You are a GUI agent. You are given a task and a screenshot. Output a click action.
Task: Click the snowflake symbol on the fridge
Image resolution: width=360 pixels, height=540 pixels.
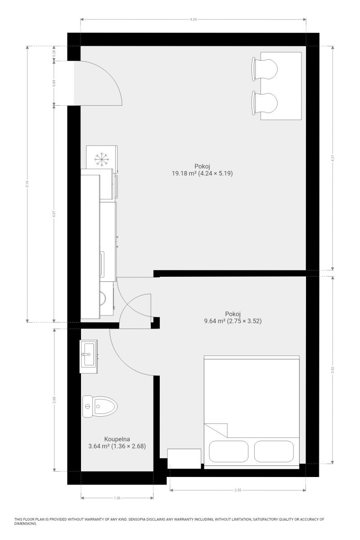tap(102, 159)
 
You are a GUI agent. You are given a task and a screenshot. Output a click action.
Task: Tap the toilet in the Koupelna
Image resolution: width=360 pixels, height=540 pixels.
tap(100, 406)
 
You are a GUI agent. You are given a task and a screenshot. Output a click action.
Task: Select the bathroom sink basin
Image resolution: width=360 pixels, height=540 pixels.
tap(88, 355)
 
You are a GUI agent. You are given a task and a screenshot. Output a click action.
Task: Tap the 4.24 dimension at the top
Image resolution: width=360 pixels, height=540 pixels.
tap(193, 19)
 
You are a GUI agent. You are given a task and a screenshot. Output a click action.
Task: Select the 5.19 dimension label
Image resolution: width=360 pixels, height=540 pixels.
tap(27, 184)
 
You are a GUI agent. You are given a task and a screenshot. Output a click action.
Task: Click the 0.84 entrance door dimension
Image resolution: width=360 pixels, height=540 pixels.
tap(54, 83)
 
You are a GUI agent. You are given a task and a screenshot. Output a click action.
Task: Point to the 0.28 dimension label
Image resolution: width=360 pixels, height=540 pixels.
tap(54, 53)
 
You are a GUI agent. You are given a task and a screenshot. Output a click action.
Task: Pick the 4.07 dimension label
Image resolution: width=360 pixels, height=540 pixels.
tap(54, 214)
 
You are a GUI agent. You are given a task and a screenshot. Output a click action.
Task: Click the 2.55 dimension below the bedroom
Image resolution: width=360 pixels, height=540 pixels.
tap(238, 490)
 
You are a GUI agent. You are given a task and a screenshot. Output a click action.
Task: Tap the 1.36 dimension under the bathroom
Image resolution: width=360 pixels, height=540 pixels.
tap(117, 498)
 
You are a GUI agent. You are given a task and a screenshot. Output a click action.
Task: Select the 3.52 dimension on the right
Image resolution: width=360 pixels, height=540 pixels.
tap(333, 370)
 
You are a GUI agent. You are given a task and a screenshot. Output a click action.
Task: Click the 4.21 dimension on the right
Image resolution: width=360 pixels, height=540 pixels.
tap(333, 158)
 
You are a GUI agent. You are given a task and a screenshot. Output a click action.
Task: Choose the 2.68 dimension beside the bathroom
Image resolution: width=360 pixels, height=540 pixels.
tap(54, 400)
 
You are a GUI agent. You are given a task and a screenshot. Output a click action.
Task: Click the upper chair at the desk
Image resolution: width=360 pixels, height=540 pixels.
tap(265, 69)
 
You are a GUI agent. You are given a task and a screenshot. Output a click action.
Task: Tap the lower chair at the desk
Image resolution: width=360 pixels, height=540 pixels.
tap(265, 103)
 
